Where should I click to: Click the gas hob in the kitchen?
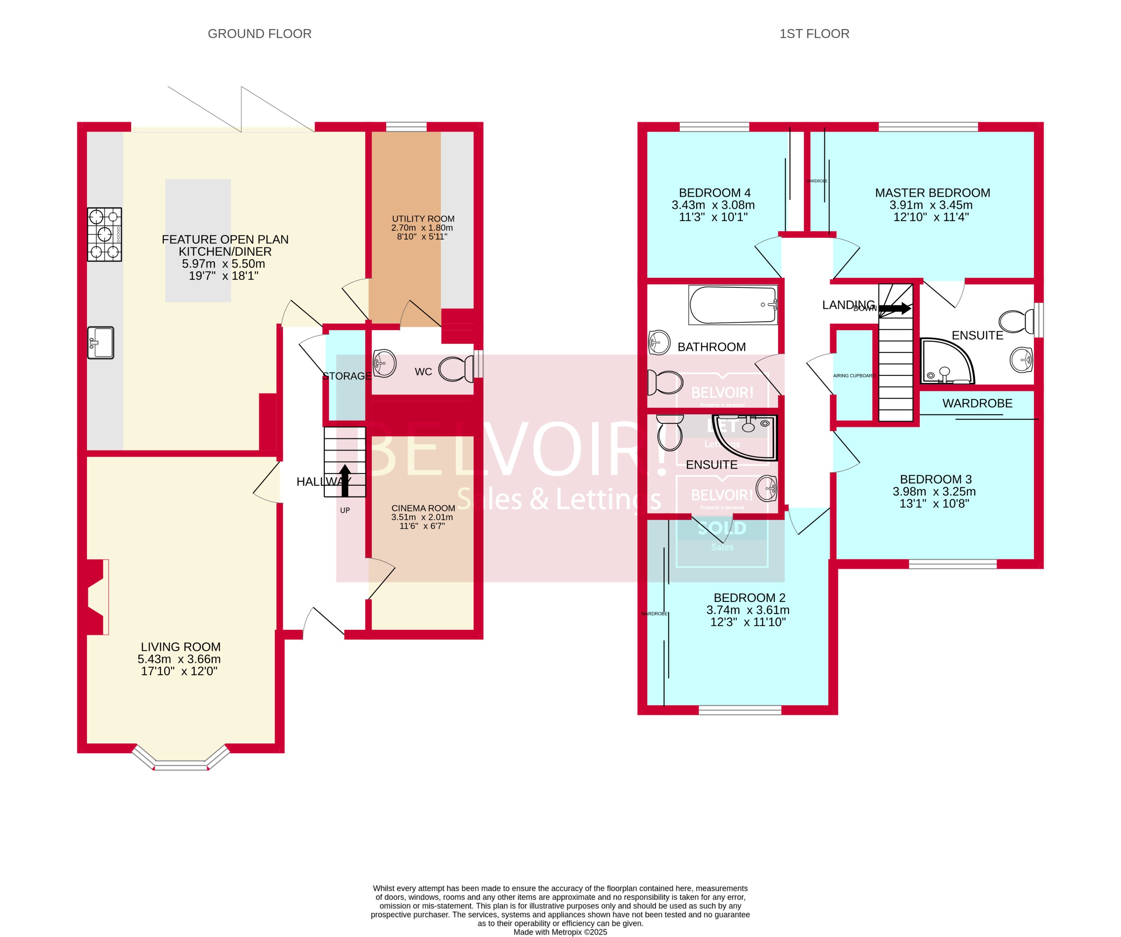click(x=104, y=234)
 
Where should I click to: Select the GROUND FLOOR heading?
click(x=259, y=33)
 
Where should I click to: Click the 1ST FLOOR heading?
click(x=814, y=33)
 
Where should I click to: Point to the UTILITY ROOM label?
click(x=423, y=219)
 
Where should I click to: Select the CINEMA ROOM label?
click(x=423, y=508)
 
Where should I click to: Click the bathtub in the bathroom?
click(x=732, y=305)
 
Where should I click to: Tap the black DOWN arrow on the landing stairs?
click(x=895, y=308)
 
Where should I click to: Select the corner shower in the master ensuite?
click(x=946, y=361)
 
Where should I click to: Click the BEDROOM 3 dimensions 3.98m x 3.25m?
click(x=934, y=491)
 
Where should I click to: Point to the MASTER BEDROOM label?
click(x=933, y=193)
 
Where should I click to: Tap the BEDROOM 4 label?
click(x=714, y=193)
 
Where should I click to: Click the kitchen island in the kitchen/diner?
click(x=198, y=240)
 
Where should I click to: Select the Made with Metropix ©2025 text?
click(x=560, y=932)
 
